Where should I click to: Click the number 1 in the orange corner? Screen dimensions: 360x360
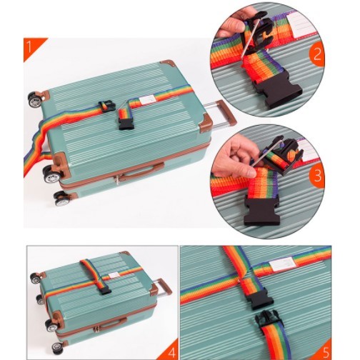29,47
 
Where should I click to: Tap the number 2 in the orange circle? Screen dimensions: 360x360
317,54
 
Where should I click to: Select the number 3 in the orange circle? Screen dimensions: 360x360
318,176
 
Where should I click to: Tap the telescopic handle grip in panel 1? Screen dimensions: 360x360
226,113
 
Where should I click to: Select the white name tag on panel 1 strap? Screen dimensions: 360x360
146,100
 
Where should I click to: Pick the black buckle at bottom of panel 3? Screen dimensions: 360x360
260,211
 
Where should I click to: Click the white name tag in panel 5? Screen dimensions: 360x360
284,264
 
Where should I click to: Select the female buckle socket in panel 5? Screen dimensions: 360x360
259,301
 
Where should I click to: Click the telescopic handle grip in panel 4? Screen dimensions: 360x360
164,288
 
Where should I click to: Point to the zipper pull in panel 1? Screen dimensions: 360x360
116,179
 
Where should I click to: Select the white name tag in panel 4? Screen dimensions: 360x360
113,276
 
